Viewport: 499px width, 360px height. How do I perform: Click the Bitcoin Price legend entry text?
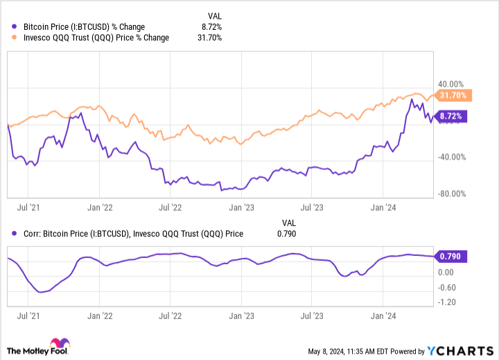[84, 26]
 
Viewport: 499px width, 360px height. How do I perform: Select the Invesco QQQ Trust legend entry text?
[96, 37]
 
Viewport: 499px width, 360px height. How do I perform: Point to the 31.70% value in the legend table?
[209, 37]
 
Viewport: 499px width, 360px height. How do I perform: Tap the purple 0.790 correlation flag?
[450, 256]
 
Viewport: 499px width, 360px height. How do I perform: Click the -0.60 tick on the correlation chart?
[448, 288]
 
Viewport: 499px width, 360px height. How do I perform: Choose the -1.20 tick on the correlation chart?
[448, 303]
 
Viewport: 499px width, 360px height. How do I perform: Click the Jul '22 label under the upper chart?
[170, 207]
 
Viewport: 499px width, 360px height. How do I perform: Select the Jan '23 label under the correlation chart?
[240, 314]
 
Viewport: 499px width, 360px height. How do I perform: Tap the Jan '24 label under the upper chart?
[385, 207]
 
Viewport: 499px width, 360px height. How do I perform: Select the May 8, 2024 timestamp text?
[350, 351]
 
